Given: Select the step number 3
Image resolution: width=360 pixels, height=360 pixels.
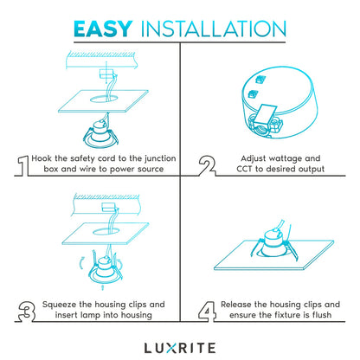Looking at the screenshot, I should pos(22,311).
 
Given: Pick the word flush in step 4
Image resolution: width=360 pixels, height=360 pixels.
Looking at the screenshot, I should pos(317,316).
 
